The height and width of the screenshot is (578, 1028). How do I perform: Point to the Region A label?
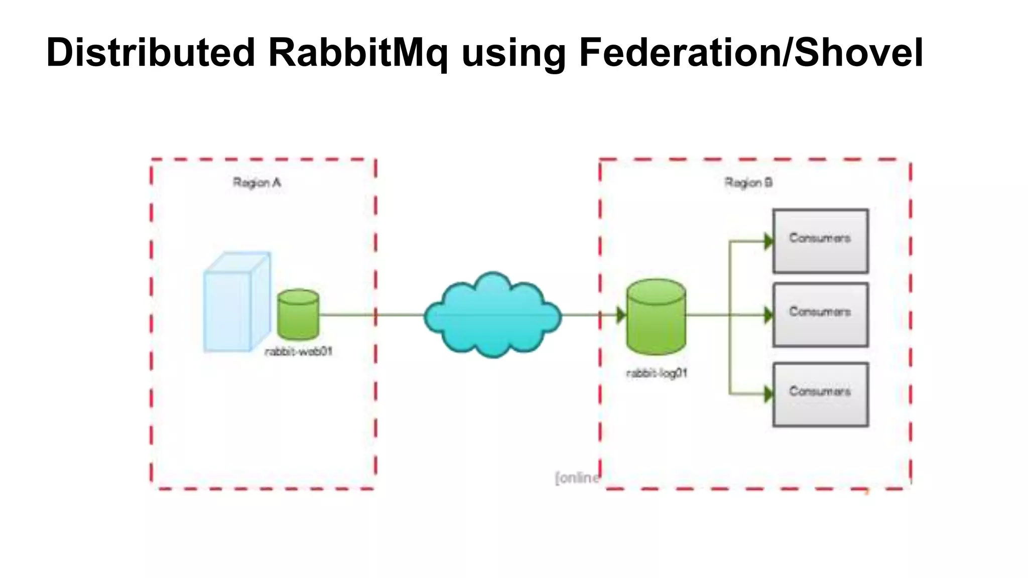pyautogui.click(x=256, y=183)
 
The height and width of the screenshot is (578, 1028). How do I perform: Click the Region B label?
pyautogui.click(x=748, y=183)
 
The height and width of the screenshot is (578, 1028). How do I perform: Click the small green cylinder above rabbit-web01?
pyautogui.click(x=298, y=315)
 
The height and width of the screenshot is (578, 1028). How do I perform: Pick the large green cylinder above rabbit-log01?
pyautogui.click(x=656, y=317)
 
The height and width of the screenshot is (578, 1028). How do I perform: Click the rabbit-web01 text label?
pyautogui.click(x=299, y=352)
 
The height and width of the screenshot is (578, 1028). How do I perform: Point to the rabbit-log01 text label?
pyautogui.click(x=657, y=373)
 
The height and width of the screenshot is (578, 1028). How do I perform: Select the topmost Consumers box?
pyautogui.click(x=820, y=241)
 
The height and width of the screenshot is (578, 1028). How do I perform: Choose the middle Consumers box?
pyautogui.click(x=820, y=315)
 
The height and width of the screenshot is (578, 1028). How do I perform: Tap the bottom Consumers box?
pyautogui.click(x=820, y=394)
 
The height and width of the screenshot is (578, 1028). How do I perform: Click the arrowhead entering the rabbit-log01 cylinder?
pyautogui.click(x=621, y=315)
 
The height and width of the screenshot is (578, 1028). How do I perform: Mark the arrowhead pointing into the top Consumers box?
pyautogui.click(x=768, y=241)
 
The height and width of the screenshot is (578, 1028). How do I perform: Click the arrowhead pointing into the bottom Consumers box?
pyautogui.click(x=768, y=394)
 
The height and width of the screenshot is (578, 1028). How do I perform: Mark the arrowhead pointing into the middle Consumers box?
pyautogui.click(x=768, y=315)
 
